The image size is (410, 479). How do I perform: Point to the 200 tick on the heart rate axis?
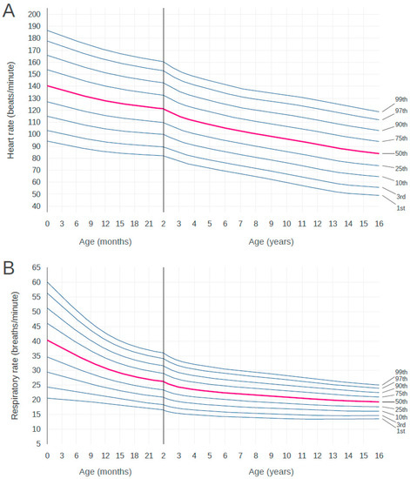(x=35, y=15)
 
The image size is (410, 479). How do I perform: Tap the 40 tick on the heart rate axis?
(x=37, y=206)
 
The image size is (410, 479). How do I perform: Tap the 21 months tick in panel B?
(x=148, y=455)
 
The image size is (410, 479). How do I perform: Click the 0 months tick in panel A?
(x=48, y=223)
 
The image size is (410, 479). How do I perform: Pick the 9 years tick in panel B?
(x=271, y=455)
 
